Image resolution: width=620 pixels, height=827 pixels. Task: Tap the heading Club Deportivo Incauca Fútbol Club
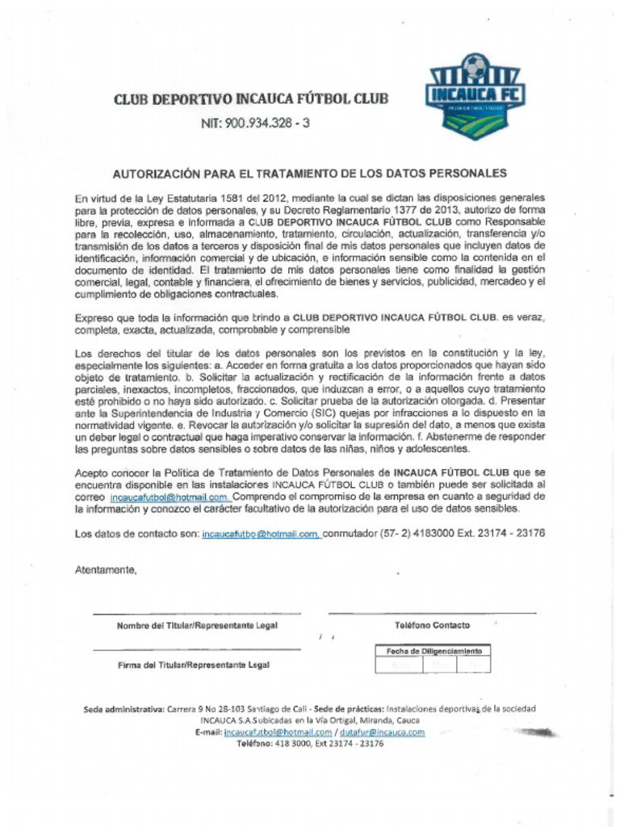251,99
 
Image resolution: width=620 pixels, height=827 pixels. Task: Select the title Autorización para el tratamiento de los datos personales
309,173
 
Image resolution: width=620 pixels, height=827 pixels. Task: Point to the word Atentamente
106,569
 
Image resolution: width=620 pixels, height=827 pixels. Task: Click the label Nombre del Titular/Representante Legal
197,626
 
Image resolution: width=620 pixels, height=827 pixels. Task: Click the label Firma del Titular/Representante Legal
194,665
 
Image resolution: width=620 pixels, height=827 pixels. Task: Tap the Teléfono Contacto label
432,625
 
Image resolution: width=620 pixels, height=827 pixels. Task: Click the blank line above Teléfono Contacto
432,613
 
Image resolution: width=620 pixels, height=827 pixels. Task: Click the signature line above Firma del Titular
197,649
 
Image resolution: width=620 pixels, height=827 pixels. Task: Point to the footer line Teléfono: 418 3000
309,743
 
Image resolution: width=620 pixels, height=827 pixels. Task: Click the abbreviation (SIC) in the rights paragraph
304,412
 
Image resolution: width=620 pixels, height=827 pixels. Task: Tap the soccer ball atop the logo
475,64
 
